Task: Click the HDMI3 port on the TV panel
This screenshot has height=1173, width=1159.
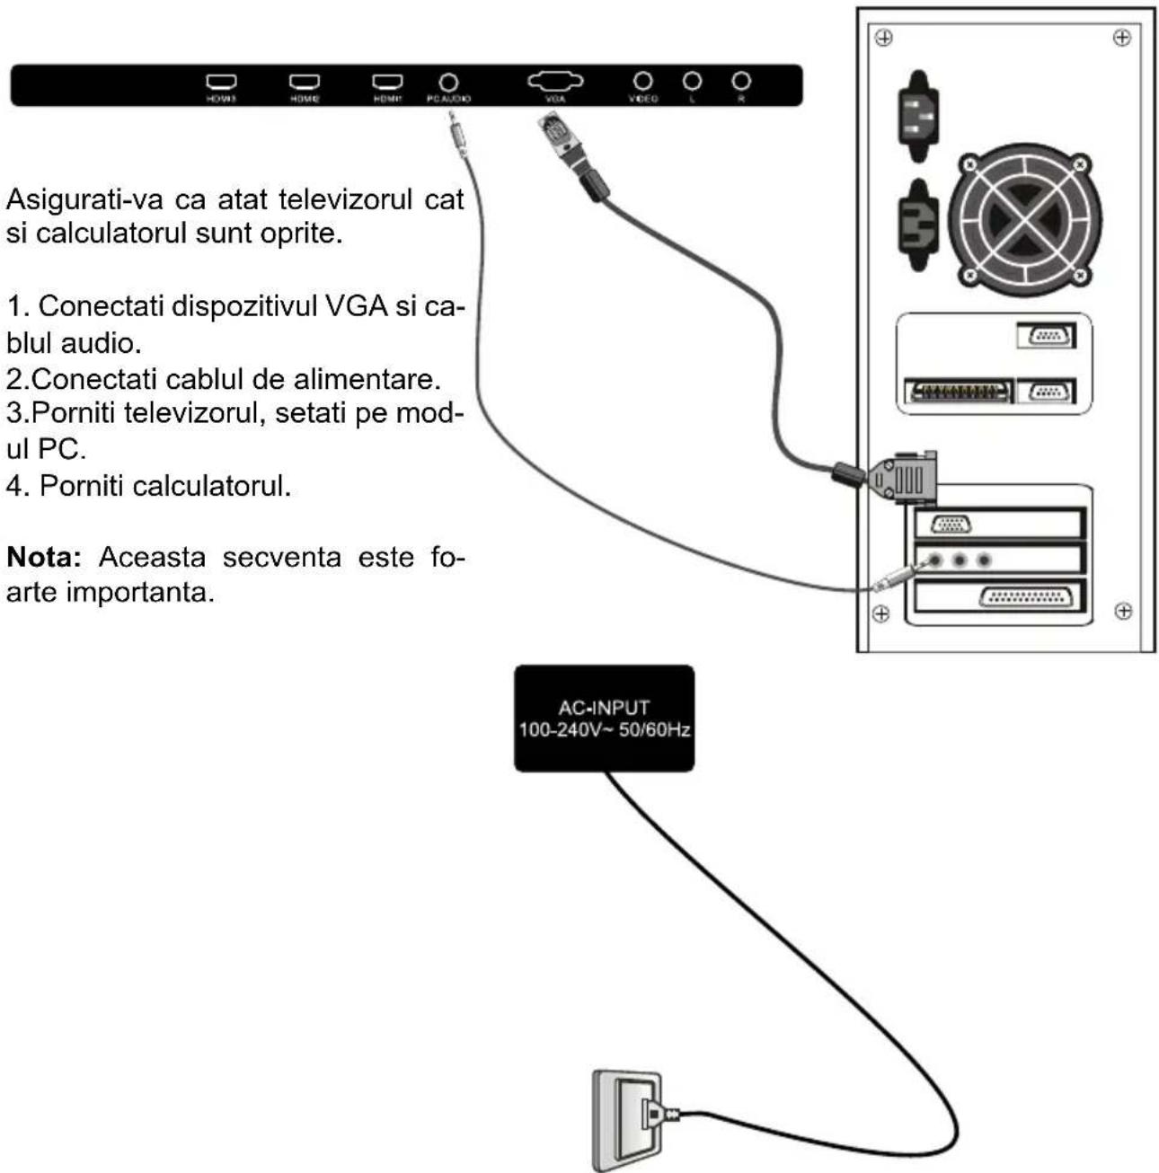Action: coord(221,83)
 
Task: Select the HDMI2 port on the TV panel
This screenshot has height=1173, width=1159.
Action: coord(304,83)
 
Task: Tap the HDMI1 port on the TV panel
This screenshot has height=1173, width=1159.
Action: coord(387,83)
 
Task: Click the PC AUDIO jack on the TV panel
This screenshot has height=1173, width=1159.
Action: coord(447,83)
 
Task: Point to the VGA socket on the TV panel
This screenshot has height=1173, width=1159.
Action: coord(555,82)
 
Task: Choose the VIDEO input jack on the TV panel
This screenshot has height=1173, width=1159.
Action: coord(642,82)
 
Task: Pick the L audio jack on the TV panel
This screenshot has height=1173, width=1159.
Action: coord(692,82)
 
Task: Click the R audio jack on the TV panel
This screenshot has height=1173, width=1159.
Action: coord(741,82)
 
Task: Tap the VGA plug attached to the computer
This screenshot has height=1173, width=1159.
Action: coord(903,477)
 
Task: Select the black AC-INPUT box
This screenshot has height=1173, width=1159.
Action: coord(604,719)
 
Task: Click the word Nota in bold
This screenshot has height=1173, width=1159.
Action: coord(44,557)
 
